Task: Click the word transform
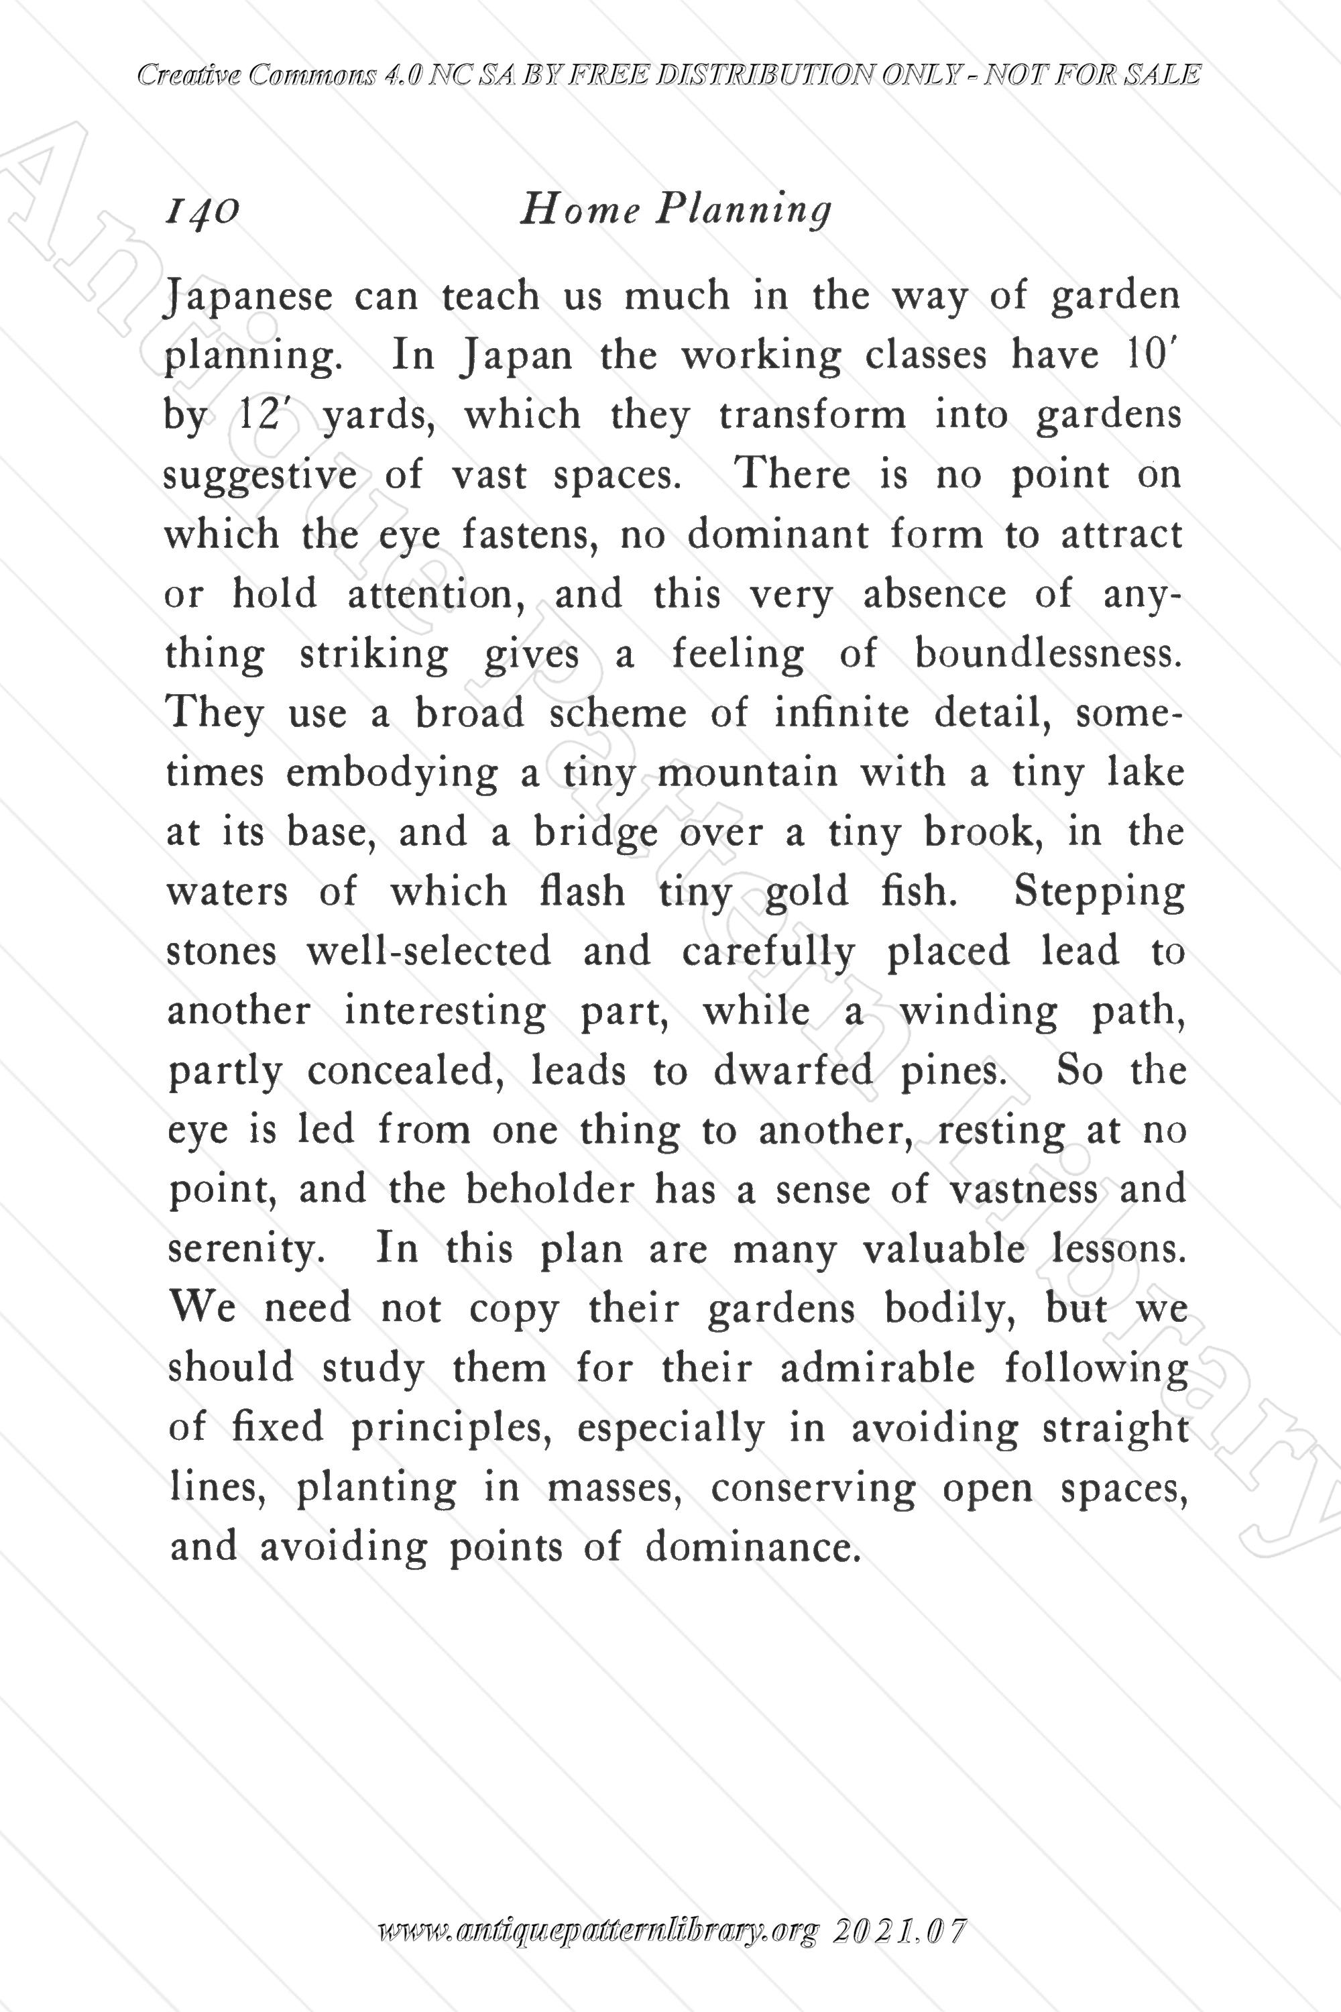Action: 811,416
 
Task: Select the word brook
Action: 984,832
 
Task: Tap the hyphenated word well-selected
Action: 428,951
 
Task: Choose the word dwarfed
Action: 793,1071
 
